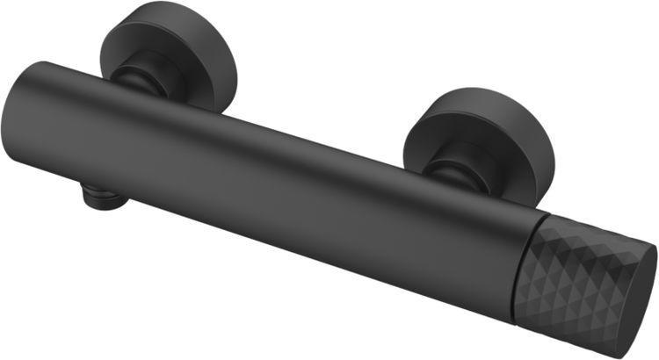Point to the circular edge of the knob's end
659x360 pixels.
point(652,263)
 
